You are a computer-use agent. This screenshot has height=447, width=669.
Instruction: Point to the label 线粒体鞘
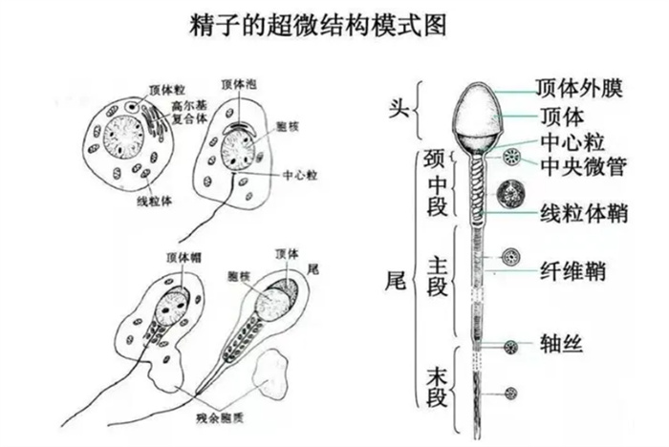pos(583,213)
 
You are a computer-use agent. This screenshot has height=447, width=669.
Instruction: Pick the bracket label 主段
pos(436,282)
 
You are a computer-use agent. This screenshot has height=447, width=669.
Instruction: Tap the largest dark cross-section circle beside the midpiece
pos(509,194)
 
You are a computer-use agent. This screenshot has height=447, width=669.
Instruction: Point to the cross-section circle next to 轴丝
pos(510,346)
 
